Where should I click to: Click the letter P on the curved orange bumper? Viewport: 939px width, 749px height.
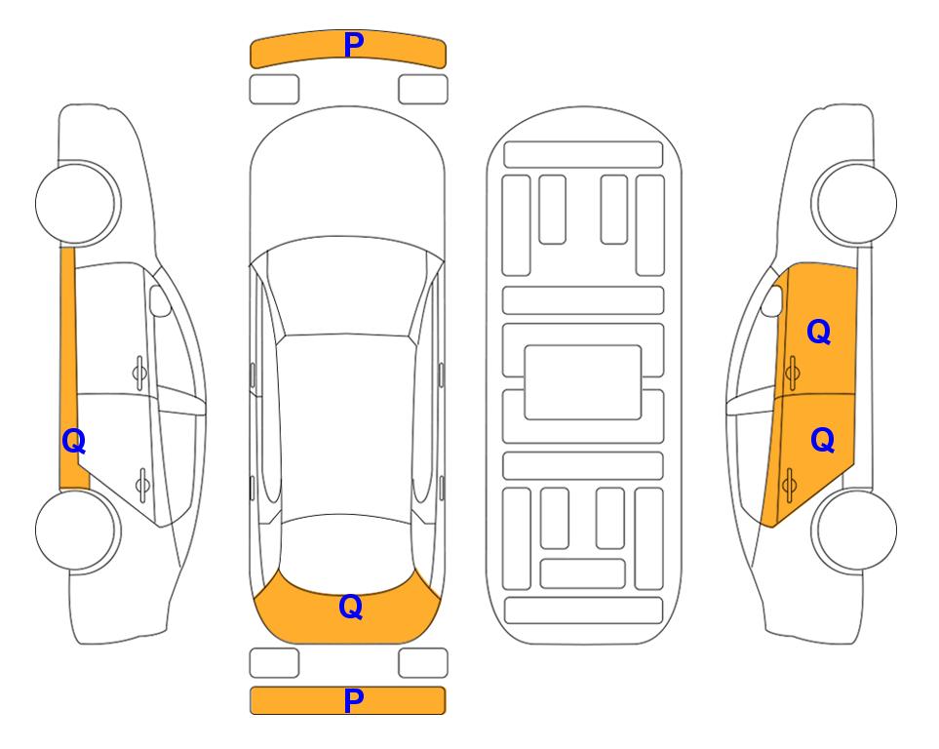(x=354, y=45)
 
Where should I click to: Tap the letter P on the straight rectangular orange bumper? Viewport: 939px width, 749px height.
(x=354, y=700)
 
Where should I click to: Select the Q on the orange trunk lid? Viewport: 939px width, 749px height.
(x=351, y=607)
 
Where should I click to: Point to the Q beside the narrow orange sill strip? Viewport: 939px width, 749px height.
(x=74, y=442)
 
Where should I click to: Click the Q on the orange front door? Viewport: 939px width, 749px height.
(x=819, y=332)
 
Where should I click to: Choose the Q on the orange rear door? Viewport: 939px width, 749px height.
(x=822, y=441)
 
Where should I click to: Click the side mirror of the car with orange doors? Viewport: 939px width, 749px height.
(x=772, y=300)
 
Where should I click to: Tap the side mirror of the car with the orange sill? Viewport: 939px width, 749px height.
(x=160, y=300)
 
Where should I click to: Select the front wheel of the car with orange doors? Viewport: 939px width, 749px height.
(x=854, y=203)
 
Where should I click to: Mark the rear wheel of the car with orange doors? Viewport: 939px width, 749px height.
(x=854, y=530)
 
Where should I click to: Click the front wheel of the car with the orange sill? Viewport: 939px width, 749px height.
(x=78, y=203)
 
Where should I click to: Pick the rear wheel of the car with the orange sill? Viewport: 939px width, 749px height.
(x=78, y=530)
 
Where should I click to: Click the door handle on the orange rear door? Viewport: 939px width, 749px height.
(x=789, y=485)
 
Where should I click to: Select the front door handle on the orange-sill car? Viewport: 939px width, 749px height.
(x=139, y=374)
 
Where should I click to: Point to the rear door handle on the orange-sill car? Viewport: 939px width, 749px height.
(x=142, y=485)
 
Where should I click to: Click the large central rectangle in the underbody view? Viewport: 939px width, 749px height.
(x=583, y=382)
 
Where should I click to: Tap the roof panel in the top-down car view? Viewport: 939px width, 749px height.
(x=347, y=428)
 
